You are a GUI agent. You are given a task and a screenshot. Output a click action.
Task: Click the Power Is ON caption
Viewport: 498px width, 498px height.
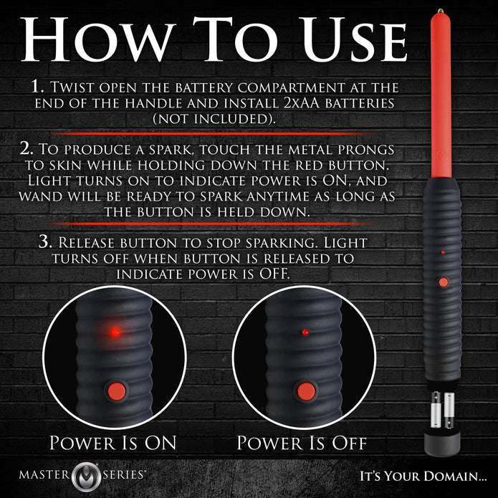click(115, 442)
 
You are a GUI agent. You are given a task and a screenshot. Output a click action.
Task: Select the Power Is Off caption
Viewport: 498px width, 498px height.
click(302, 442)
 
